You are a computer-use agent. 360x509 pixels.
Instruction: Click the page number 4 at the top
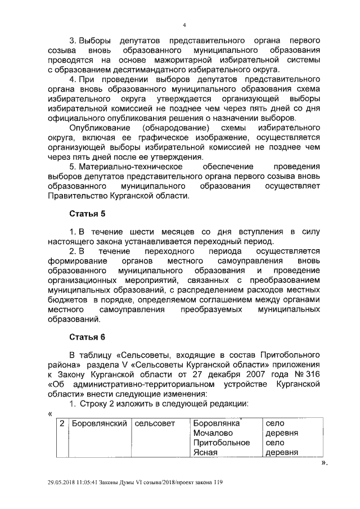click(x=184, y=25)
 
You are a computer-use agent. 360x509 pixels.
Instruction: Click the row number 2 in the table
click(x=61, y=423)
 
